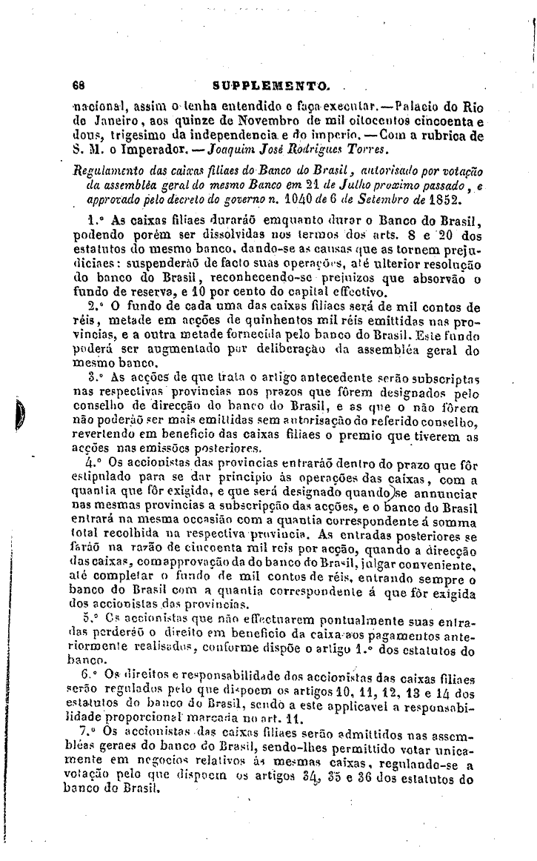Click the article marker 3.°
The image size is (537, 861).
94,376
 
